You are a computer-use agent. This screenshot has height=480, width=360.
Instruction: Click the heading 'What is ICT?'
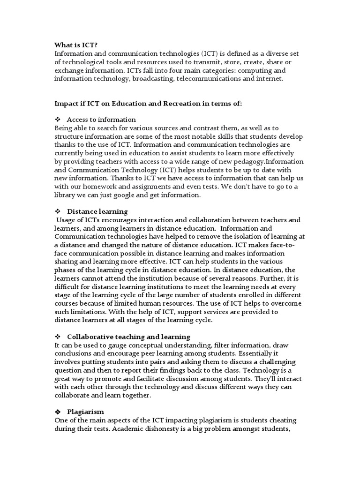pos(76,45)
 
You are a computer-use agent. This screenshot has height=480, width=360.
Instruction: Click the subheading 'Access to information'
pos(101,120)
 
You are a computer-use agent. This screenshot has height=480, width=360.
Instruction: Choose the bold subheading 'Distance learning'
pos(97,212)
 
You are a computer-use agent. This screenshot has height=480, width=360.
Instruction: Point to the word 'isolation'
pos(225,237)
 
